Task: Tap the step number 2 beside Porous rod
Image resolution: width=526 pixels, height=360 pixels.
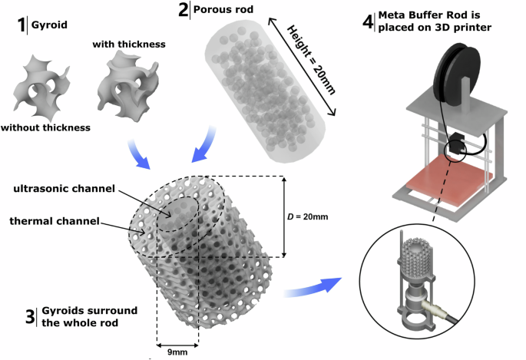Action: pyautogui.click(x=184, y=11)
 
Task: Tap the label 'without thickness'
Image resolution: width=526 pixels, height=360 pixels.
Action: pyautogui.click(x=47, y=127)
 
